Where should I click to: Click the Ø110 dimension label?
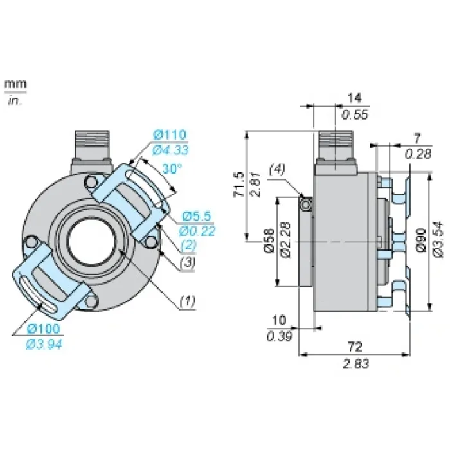point(170,134)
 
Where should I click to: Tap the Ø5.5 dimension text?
point(197,216)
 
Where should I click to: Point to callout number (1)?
point(188,301)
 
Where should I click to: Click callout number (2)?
point(188,246)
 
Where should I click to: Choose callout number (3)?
point(188,262)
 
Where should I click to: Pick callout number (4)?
point(277,169)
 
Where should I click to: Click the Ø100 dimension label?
point(43,329)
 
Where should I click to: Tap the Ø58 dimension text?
point(269,240)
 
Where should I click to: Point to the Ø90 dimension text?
point(421,240)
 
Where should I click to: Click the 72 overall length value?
point(355,347)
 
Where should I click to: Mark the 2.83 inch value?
point(355,364)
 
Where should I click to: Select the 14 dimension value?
point(354,98)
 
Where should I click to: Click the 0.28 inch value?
point(418,154)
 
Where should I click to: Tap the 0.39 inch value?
point(279,336)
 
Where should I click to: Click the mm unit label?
point(15,84)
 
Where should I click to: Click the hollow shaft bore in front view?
point(92,241)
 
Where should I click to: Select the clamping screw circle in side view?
point(306,204)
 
